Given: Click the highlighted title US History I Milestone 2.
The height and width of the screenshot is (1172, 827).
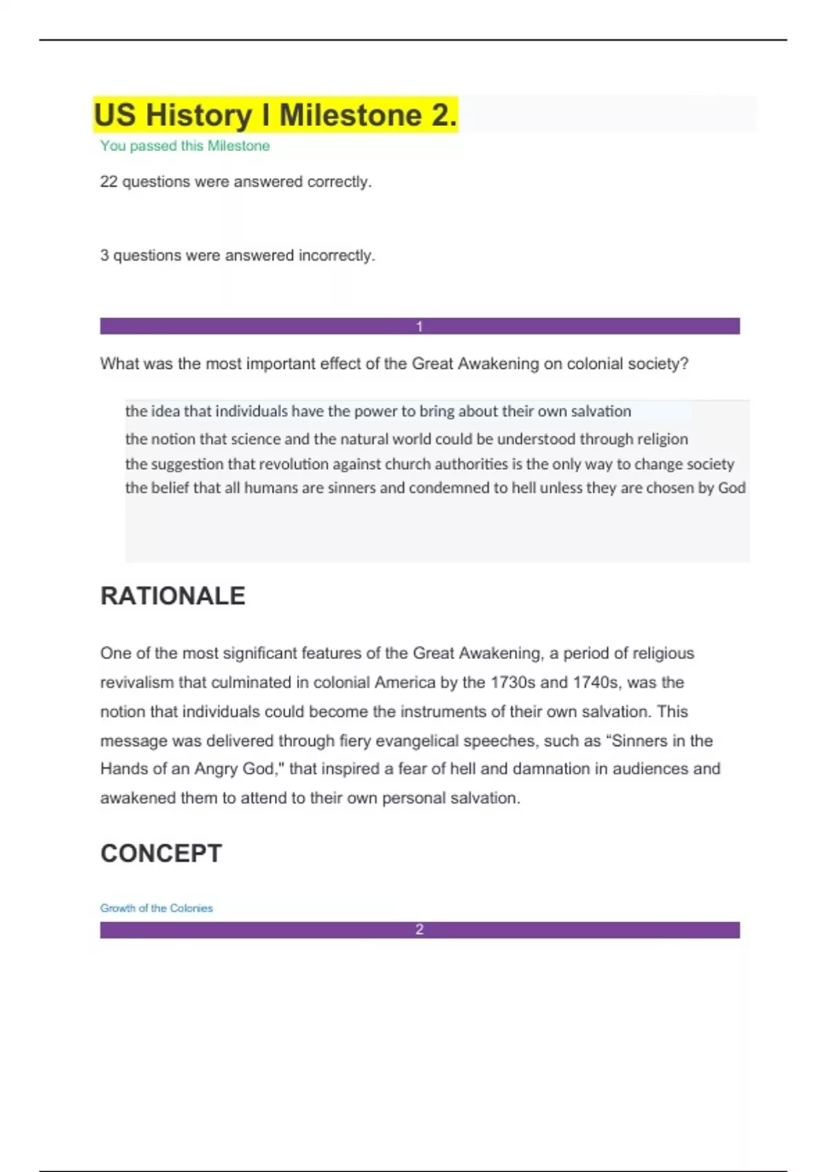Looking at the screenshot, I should click(x=275, y=114).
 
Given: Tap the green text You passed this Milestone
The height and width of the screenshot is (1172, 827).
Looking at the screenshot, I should click(x=185, y=146).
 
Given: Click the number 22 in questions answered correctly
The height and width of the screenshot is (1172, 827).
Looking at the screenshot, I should click(x=109, y=182).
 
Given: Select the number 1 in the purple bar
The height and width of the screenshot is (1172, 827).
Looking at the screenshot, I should click(x=419, y=327).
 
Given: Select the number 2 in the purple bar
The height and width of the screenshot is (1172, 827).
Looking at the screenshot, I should click(x=419, y=930).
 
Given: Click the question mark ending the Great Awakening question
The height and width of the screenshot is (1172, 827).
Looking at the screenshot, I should click(x=684, y=364).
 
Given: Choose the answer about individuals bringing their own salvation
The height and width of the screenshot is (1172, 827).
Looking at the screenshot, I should click(x=378, y=412).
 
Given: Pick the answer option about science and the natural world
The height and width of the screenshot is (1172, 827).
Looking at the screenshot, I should click(x=406, y=439).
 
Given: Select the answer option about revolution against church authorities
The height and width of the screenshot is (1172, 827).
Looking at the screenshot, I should click(x=429, y=464).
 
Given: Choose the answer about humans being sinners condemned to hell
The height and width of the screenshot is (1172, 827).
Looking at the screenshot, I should click(x=435, y=488).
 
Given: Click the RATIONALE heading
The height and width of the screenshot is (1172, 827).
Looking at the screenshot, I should click(x=172, y=596).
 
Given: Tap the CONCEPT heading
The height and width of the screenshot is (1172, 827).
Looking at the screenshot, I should click(x=161, y=853).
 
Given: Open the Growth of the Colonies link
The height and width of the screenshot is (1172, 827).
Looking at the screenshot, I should click(x=156, y=909).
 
